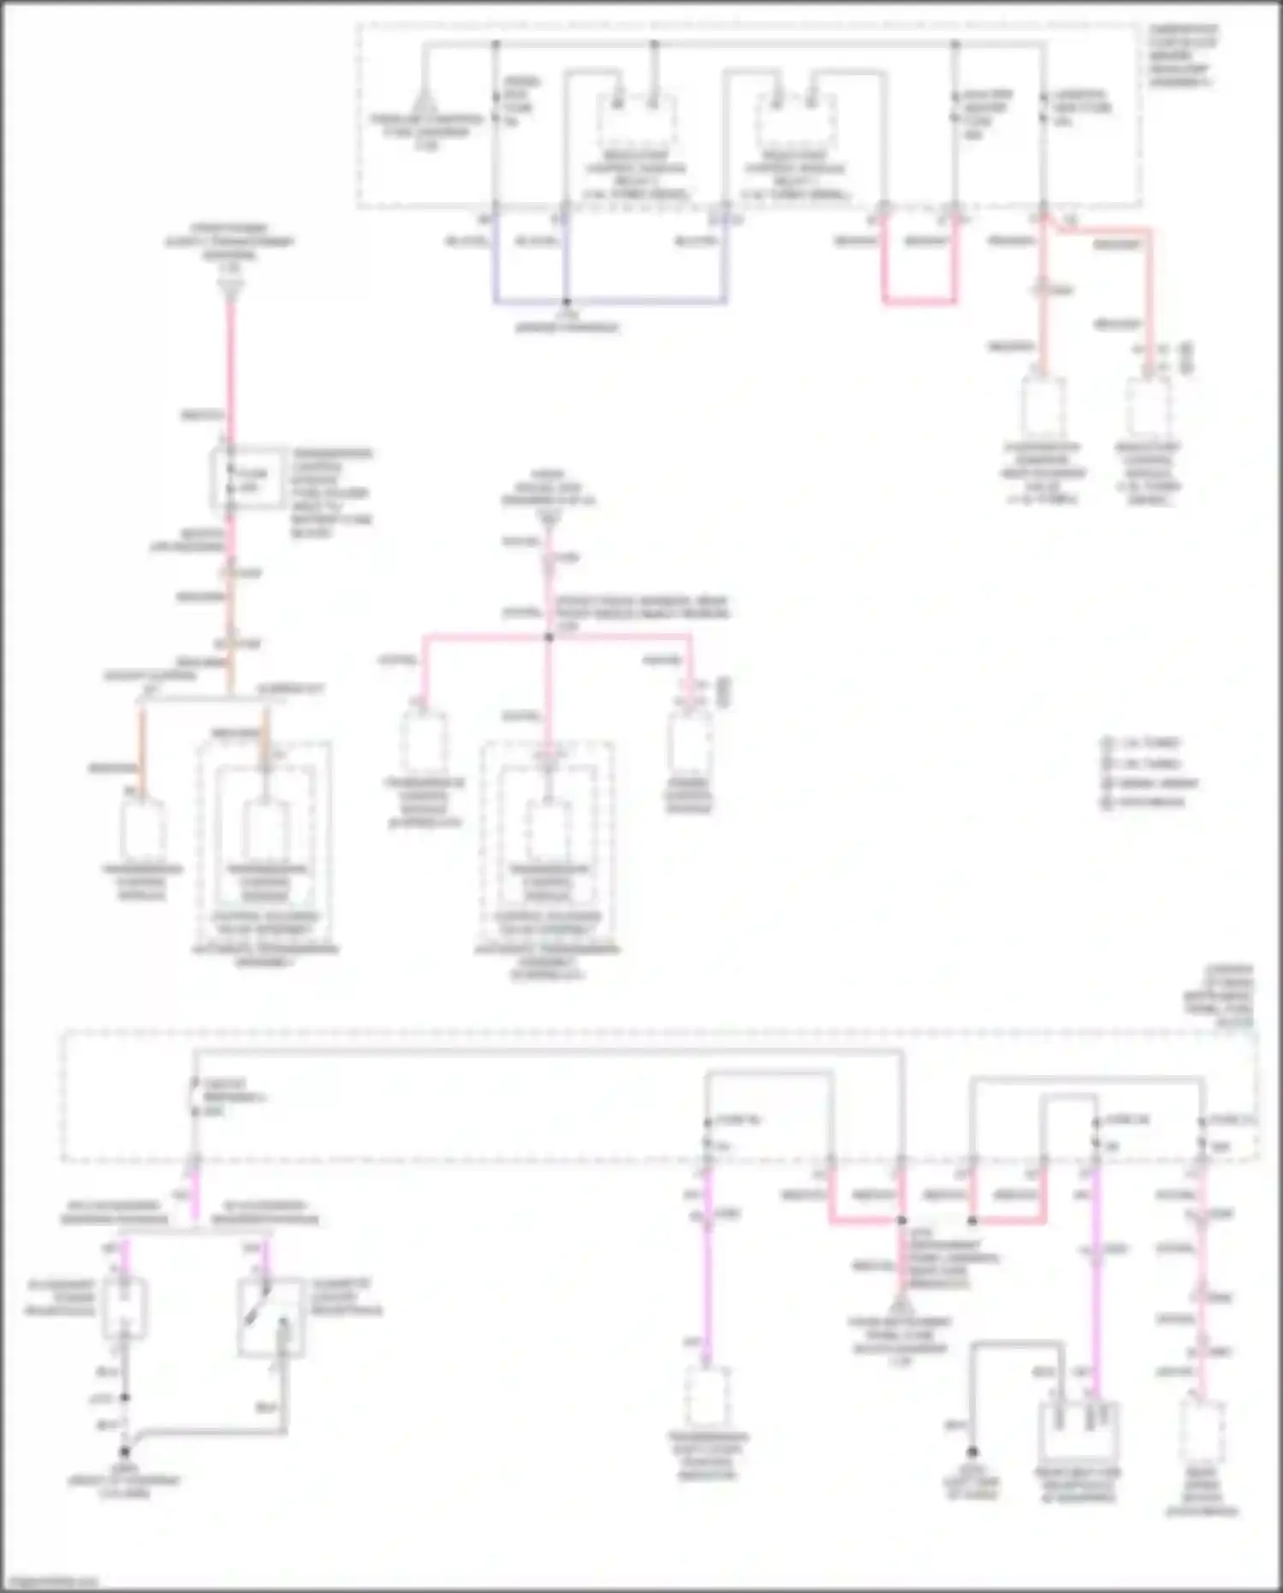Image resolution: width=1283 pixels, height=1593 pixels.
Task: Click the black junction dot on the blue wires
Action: coord(566,302)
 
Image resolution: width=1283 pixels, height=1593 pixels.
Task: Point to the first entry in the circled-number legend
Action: coord(1142,743)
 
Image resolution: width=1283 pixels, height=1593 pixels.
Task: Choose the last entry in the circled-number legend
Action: coord(1142,803)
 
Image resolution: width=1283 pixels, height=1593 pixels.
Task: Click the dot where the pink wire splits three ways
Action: coord(549,637)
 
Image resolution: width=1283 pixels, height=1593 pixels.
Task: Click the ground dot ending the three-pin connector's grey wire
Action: coord(972,1453)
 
